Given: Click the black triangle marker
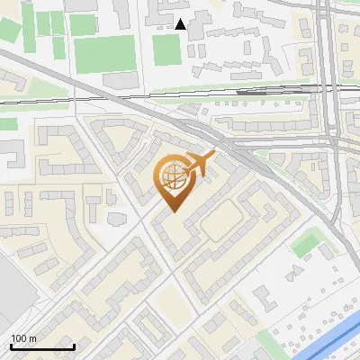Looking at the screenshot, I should tap(181, 24).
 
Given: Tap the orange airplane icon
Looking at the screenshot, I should tap(200, 164).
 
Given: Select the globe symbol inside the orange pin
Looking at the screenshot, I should tap(171, 176).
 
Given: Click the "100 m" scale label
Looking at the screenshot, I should tap(23, 338).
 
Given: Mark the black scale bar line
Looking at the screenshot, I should tap(42, 346).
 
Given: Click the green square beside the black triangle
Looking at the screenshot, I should tap(166, 49).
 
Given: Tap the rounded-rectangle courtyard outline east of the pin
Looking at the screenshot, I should tap(222, 221).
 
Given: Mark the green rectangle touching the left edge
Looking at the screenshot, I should tap(8, 123).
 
